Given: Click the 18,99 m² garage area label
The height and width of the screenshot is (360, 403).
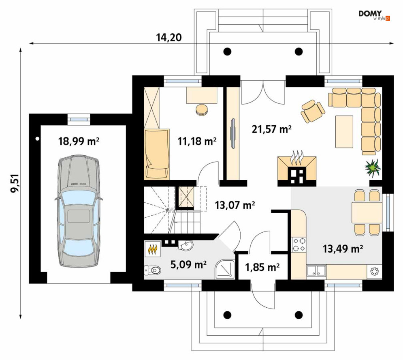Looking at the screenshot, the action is tap(79, 141).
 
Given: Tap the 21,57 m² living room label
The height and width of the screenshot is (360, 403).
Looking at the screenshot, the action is tap(272, 129).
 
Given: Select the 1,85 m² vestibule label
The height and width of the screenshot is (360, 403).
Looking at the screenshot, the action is tap(262, 267).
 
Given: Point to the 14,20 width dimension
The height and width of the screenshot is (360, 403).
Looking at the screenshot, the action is tap(169, 38).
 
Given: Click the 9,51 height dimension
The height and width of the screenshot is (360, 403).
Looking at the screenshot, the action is tap(15, 183).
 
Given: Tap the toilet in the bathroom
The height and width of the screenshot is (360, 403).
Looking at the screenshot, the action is tap(153, 270).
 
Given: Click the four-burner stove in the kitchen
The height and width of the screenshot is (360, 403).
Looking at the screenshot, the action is tap(299, 245).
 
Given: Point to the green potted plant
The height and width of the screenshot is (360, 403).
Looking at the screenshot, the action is tap(373, 168).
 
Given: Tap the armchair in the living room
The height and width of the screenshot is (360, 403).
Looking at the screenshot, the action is tap(313, 111).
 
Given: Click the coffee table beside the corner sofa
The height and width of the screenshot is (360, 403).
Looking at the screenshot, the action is tap(344, 131).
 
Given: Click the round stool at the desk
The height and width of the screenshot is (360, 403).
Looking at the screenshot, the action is tap(202, 109).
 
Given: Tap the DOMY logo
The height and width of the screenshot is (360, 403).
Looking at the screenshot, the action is tap(374, 15).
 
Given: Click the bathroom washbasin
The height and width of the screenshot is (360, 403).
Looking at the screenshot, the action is tap(186, 246).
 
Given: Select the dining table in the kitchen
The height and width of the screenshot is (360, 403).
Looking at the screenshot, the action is tap(367, 212).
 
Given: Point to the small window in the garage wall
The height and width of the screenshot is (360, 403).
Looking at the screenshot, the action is tap(79, 120).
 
